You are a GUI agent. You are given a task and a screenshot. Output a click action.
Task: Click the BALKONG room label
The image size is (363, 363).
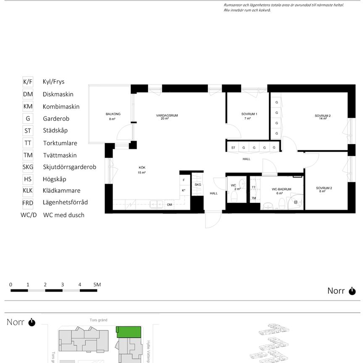pyautogui.click(x=113, y=114)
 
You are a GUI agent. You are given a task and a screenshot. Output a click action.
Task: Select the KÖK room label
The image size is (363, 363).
pyautogui.click(x=142, y=167)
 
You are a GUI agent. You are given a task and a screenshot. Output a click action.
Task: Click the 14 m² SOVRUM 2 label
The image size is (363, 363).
pyautogui.click(x=323, y=116)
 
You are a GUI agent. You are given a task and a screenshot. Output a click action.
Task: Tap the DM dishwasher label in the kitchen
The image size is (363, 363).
pyautogui.click(x=169, y=205)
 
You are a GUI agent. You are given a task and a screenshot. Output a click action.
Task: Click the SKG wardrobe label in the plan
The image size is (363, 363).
pyautogui.click(x=198, y=184)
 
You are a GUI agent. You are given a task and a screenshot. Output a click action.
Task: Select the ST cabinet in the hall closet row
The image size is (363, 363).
pyautogui.click(x=233, y=147)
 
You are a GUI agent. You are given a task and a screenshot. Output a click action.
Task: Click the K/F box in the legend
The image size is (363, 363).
pyautogui.click(x=28, y=82)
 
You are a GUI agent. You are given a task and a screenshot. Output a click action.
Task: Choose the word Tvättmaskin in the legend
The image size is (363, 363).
pyautogui.click(x=59, y=155)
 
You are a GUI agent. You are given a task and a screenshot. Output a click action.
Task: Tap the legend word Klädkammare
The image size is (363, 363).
pyautogui.click(x=61, y=191)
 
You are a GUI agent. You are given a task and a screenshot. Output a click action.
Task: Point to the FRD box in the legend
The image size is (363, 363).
pyautogui.click(x=28, y=203)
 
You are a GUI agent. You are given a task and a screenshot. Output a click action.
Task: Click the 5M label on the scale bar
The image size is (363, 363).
pyautogui.click(x=97, y=284)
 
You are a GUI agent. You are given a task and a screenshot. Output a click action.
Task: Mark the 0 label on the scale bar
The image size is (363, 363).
pyautogui.click(x=11, y=284)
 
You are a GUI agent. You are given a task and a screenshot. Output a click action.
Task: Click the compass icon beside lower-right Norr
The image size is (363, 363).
pyautogui.click(x=352, y=291)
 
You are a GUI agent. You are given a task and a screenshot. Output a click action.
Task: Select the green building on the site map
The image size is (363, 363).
pyautogui.click(x=129, y=331)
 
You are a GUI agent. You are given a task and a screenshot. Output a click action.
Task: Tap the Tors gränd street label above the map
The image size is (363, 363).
pyautogui.click(x=98, y=320)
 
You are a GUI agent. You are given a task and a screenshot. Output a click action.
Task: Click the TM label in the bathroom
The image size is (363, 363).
pyautogui.click(x=254, y=198)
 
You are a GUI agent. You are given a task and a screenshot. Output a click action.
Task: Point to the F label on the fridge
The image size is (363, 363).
pyautogui.click(x=184, y=180)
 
